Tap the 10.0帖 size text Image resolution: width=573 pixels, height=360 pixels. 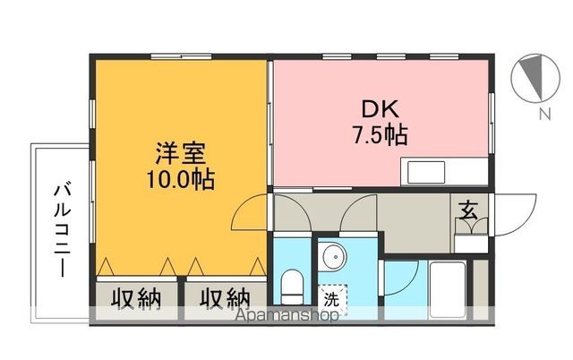[179, 178]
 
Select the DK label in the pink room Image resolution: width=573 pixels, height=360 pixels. [380, 109]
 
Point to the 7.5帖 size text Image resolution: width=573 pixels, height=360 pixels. [380, 135]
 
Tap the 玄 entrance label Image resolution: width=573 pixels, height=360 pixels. [468, 211]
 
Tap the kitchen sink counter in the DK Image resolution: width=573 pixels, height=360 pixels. [444, 171]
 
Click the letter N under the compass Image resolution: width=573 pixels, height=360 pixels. [543, 115]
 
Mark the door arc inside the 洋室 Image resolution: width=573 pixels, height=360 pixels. [251, 212]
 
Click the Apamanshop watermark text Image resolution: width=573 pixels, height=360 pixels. [287, 315]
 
